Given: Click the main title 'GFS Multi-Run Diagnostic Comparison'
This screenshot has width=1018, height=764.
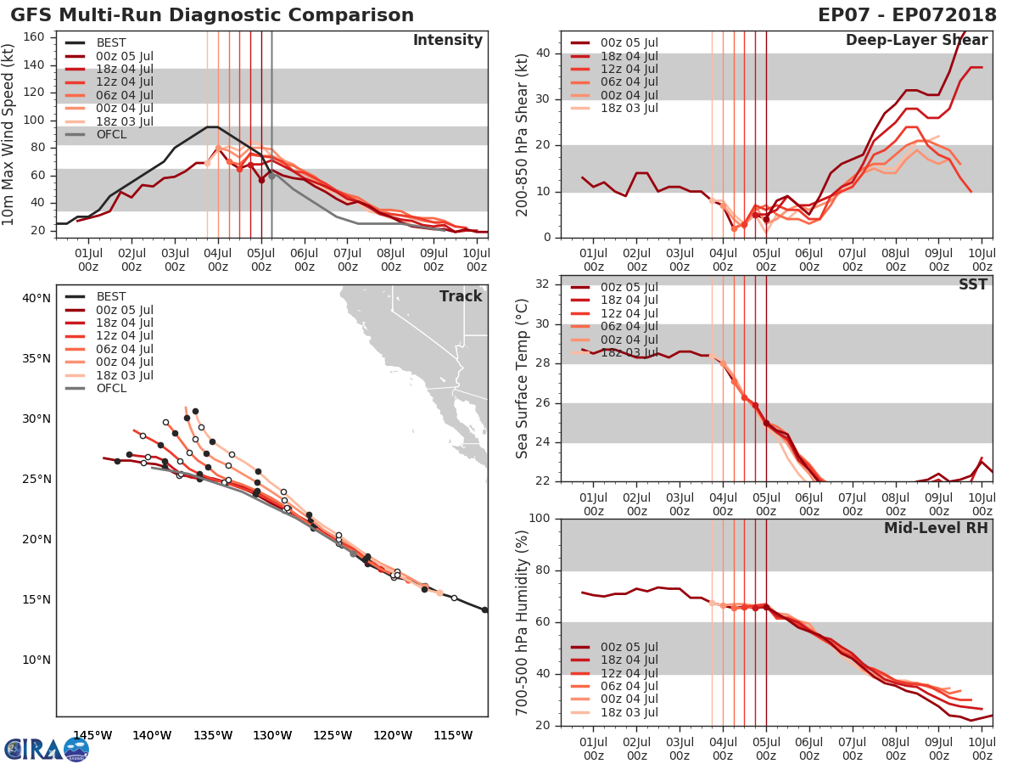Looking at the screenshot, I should tap(212, 15).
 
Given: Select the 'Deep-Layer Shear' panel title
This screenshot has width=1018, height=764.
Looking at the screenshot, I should tap(916, 41).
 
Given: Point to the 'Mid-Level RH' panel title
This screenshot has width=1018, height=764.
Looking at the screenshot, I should tap(936, 528).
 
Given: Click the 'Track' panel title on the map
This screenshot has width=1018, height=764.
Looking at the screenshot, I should tap(461, 296).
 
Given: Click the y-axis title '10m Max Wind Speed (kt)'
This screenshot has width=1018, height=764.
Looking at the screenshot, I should tap(9, 134).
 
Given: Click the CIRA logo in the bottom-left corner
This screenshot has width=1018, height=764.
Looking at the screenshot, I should tap(47, 750).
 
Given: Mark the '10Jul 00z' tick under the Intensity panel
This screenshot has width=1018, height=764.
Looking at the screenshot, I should tap(476, 259).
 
